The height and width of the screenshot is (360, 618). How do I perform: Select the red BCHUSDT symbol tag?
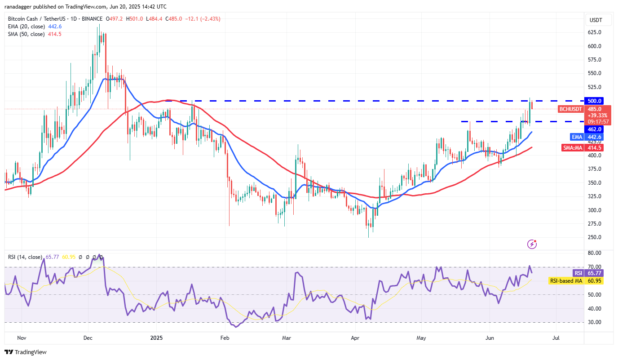point(570,109)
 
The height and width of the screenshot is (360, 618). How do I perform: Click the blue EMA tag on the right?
point(576,137)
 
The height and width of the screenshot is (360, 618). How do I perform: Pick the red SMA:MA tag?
point(572,147)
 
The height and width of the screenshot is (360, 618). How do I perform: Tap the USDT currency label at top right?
point(596,20)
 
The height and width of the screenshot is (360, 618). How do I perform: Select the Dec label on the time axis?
point(88,337)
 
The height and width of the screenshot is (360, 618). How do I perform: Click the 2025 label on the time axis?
point(156,337)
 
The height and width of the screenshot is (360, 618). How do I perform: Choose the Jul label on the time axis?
point(556,337)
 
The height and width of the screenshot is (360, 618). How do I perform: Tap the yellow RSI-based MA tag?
point(565,280)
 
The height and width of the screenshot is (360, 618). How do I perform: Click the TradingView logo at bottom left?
point(26,352)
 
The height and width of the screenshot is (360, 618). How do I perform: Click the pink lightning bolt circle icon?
point(532,244)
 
